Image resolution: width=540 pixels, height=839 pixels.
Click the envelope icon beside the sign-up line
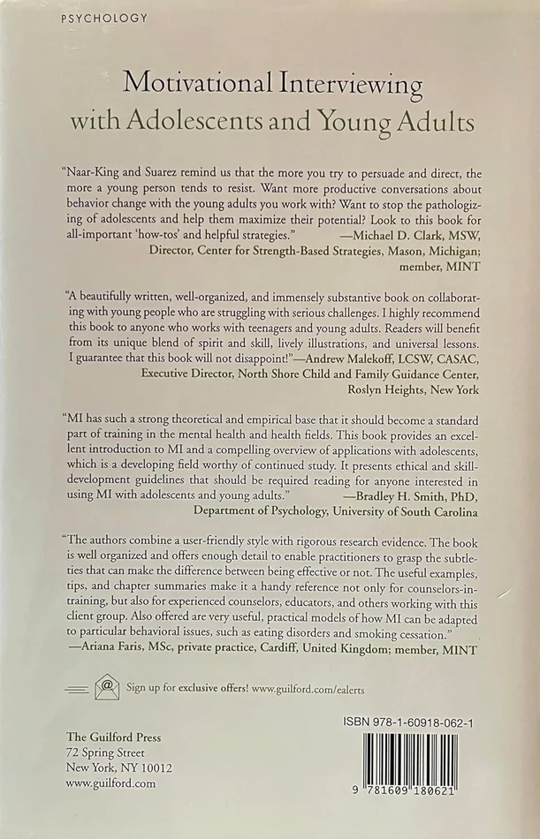pos(107,685)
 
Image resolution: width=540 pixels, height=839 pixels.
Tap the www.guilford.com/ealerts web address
pos(316,686)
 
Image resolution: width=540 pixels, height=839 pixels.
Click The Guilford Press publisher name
pos(114,737)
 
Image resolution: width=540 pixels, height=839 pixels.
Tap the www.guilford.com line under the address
pos(111,782)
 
